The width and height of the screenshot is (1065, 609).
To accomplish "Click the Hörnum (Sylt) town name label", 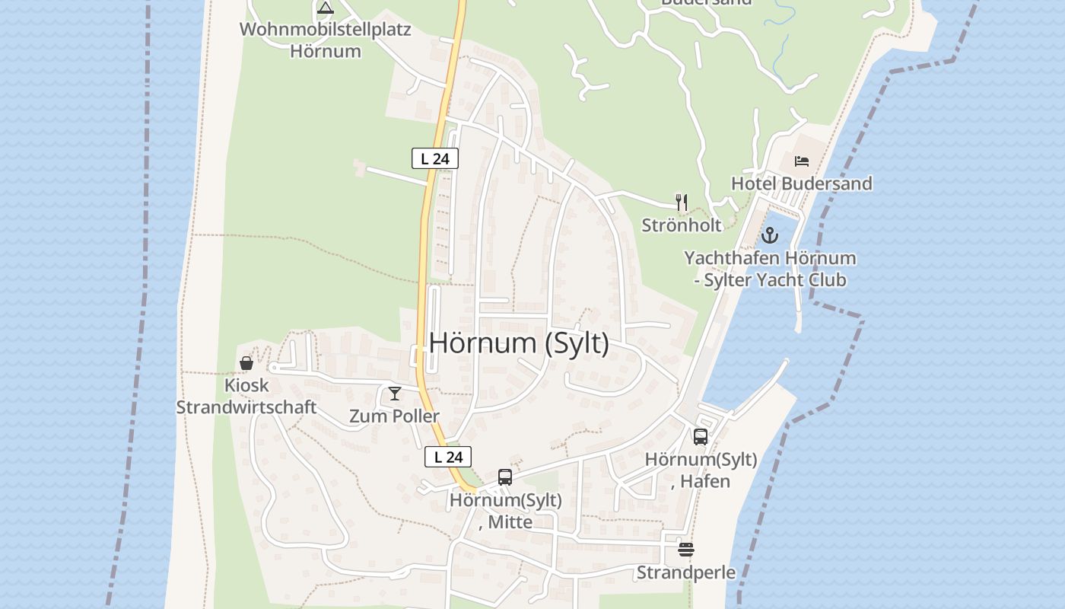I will point(519,343).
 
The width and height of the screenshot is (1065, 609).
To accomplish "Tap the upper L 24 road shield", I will point(435,158).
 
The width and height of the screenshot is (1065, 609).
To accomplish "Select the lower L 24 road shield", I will point(448,457).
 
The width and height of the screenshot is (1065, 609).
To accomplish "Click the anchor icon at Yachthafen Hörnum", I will point(770,234).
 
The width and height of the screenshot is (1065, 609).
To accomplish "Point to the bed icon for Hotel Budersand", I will point(801,161).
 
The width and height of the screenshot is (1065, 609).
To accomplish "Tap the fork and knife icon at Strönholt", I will point(682,202).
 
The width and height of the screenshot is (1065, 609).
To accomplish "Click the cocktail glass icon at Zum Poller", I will point(394,394).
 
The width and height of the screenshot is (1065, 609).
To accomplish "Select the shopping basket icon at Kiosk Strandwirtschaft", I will point(246,363).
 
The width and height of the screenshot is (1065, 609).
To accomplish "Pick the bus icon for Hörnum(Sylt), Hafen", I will point(701,437).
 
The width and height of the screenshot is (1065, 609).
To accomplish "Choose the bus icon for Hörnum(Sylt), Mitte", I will point(505,477).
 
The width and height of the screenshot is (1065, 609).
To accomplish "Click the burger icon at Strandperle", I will point(686,549).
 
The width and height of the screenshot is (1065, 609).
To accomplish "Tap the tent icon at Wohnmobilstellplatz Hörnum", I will point(326,8).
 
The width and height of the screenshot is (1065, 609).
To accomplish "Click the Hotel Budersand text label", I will point(801,183).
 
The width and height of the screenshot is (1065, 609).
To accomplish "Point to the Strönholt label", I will point(682,225).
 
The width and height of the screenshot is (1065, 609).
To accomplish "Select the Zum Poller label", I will point(394,416).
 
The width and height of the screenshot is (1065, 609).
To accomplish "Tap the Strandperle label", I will point(686,572).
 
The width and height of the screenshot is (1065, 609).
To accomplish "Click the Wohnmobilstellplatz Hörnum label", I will point(326,41).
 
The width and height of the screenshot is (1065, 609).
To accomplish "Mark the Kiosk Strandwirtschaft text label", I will point(246,396).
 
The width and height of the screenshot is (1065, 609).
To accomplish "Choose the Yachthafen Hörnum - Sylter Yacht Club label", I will point(770,269).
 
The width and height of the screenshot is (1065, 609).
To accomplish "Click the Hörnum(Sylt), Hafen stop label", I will point(701,470).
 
